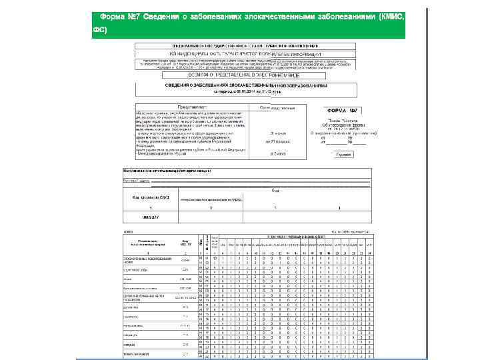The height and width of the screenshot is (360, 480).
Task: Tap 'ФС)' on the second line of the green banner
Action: point(99,30)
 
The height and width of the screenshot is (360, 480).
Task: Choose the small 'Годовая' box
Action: point(344,154)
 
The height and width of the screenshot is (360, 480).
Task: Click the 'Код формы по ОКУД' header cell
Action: point(141,198)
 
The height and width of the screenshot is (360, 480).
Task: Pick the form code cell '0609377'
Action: point(141,217)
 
